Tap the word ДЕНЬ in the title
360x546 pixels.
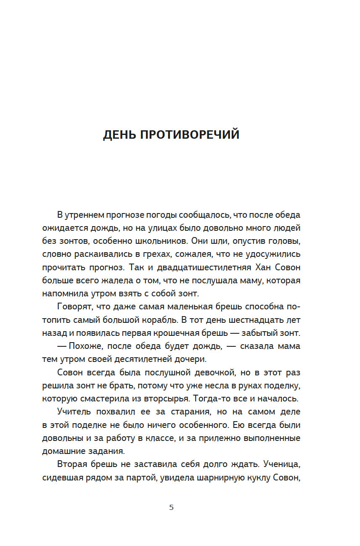tap(119, 135)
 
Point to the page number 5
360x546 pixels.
tap(171, 507)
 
